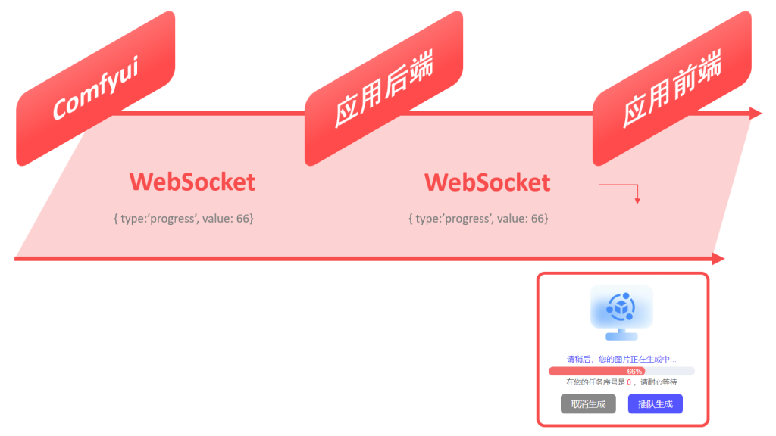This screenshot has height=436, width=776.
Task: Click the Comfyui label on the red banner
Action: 95,89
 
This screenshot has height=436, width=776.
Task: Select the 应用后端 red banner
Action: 383,89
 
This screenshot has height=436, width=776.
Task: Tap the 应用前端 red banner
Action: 671,89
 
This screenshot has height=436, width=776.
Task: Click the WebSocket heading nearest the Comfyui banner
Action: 192,182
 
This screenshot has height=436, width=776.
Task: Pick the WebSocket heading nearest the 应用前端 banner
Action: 487,182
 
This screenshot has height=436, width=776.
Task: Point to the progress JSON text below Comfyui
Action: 183,219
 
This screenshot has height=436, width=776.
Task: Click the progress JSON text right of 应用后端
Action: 478,219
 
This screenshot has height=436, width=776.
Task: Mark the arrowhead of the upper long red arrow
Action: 756,114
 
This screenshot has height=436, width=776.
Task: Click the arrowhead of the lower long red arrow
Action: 718,259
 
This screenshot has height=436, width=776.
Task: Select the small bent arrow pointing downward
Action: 637,198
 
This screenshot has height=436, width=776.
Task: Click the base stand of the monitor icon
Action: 621,335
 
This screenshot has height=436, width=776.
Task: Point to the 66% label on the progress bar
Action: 635,372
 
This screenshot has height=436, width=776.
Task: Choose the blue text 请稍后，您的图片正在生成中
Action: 621,359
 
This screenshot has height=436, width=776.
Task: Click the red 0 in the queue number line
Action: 629,383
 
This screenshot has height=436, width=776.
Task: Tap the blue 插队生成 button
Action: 656,404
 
